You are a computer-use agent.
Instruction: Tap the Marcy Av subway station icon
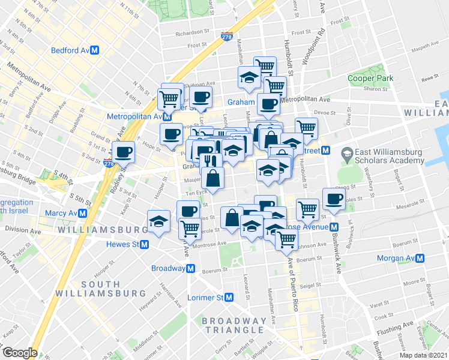point(82,213)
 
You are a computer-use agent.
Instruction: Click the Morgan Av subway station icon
point(421,259)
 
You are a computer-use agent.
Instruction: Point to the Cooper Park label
point(370,79)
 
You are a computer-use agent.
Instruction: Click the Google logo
point(20,353)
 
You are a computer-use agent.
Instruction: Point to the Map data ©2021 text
point(424,355)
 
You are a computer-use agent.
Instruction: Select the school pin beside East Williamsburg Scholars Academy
point(347,154)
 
